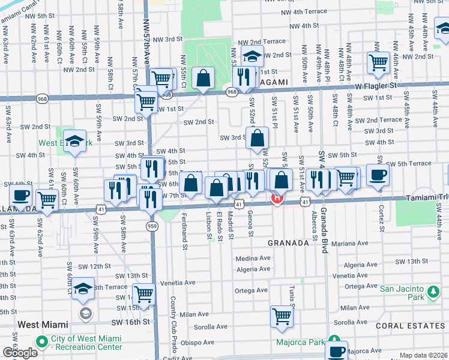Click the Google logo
[19, 352]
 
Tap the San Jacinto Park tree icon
[432, 292]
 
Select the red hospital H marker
[277, 198]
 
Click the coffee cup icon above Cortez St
[378, 175]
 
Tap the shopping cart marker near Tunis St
[282, 316]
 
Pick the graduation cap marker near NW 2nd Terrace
[253, 57]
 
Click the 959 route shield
[152, 226]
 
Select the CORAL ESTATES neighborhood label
[412, 326]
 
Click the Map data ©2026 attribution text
[424, 355]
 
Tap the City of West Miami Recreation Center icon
[41, 343]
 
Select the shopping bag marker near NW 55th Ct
[203, 78]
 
